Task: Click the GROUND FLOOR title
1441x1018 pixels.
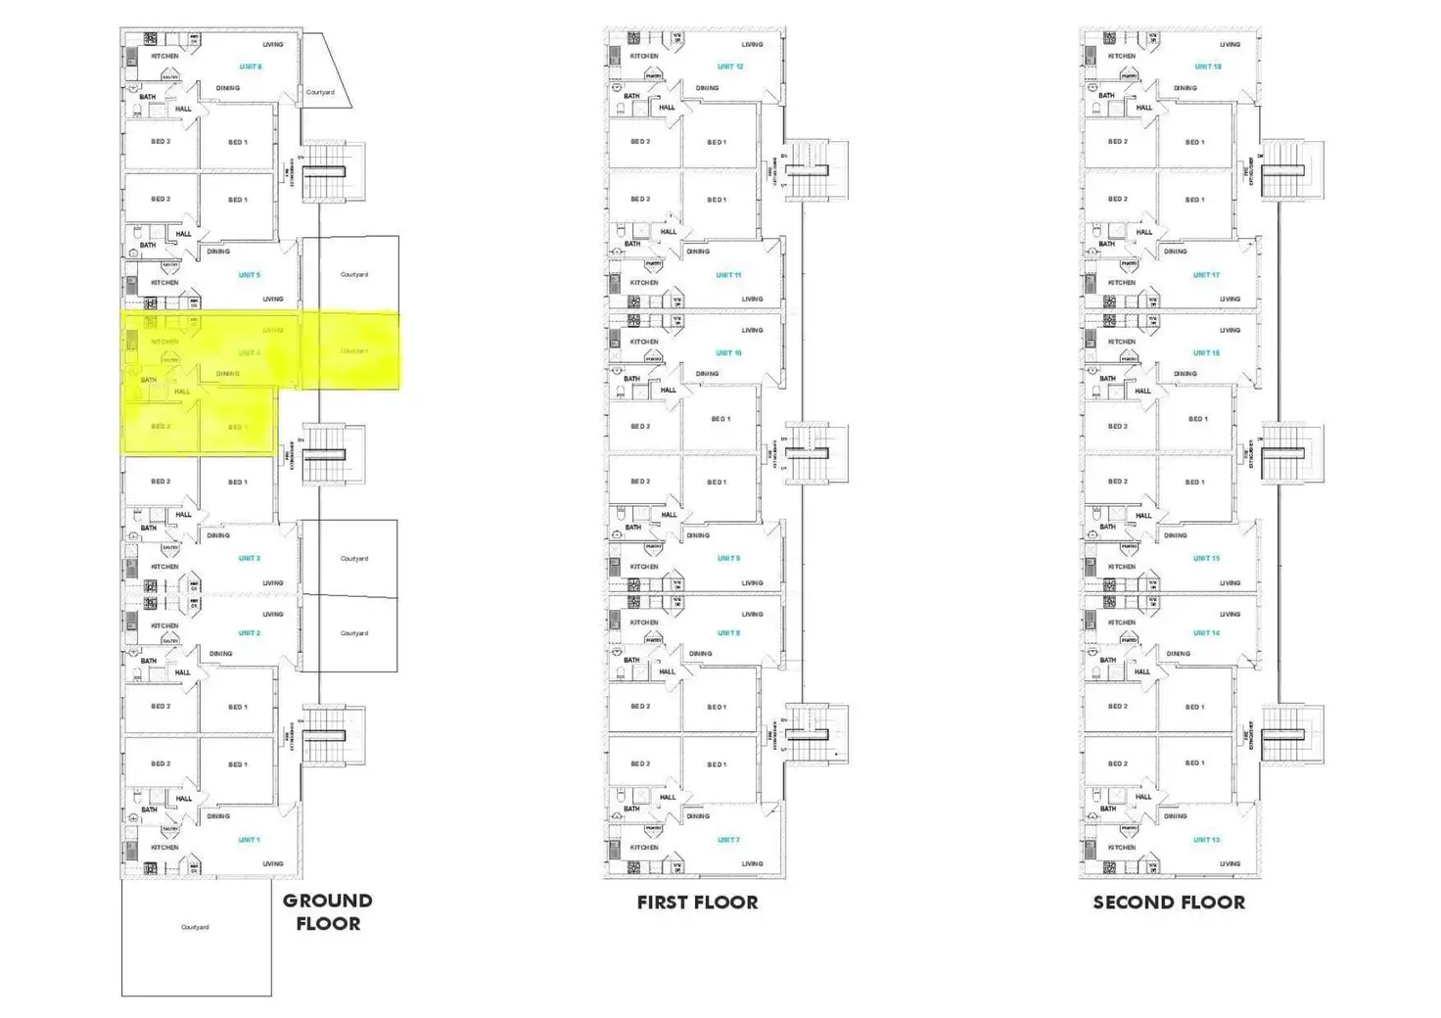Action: point(327,911)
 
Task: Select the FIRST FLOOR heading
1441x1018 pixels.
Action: point(697,902)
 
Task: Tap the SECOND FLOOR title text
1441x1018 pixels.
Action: point(1169,902)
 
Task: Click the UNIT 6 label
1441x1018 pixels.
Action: point(251,67)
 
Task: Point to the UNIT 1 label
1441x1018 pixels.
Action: point(249,840)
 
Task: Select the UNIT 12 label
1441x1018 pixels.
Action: point(730,67)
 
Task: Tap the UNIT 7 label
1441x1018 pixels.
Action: point(728,840)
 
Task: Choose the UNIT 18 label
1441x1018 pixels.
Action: point(1208,67)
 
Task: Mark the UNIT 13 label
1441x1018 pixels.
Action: point(1206,840)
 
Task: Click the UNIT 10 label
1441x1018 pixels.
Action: point(729,352)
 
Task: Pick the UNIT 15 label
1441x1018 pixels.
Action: point(1206,558)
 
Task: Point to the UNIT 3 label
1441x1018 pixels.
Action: point(249,558)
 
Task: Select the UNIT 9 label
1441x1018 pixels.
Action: point(728,558)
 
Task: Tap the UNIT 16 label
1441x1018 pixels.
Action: point(1206,352)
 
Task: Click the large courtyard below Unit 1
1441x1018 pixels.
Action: point(196,937)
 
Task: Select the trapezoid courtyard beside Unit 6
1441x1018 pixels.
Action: point(321,78)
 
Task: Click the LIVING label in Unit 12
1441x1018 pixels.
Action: point(752,44)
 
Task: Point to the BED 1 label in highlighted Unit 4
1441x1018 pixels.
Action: point(238,427)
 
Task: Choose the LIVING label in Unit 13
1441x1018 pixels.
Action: point(1230,863)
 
